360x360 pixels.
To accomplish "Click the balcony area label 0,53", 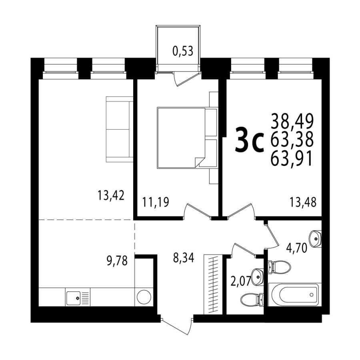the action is [183, 51].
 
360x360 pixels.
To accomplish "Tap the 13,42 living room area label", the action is [111, 195].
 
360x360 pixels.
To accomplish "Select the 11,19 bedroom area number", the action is [156, 202].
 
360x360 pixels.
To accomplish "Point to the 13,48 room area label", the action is [303, 202].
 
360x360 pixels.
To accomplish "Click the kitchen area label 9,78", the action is [117, 261].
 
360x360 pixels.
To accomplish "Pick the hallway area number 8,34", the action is [184, 257].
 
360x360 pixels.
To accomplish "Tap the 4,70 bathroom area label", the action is [297, 248].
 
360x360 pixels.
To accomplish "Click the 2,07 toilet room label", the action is [240, 282].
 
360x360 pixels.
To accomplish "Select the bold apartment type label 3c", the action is [249, 141].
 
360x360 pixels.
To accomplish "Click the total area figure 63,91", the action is [292, 159].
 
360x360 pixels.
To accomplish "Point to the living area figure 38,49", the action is [292, 121].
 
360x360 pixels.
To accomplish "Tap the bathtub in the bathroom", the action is [295, 295].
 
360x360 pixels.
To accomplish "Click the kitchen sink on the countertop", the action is [73, 298].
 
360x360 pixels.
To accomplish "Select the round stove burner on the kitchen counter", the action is [144, 297].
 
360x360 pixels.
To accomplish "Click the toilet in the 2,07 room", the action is [252, 299].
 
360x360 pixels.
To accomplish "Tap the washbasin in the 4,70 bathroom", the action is [316, 238].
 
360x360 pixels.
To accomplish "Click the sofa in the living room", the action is [120, 129].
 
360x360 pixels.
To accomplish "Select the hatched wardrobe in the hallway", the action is [213, 284].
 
